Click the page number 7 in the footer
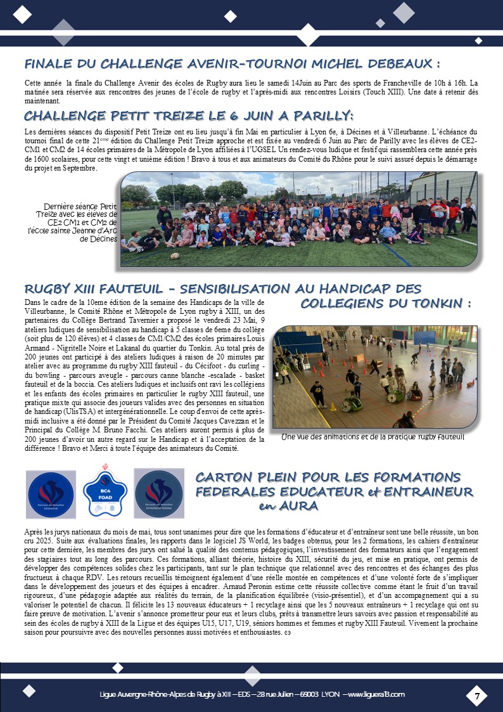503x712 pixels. [x=476, y=696]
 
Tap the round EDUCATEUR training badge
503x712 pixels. [x=51, y=493]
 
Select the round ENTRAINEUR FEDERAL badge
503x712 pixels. [x=159, y=493]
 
